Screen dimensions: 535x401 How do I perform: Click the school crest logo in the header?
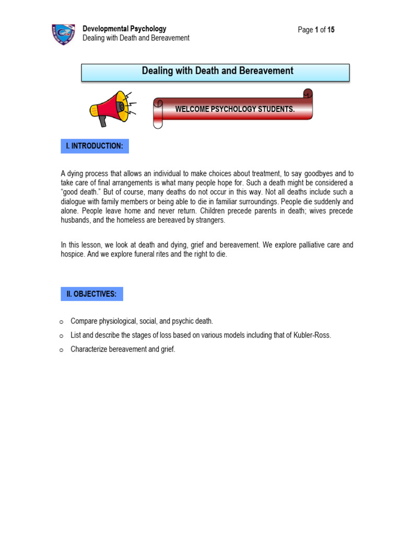point(63,34)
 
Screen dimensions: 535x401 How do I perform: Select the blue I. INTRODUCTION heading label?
point(95,146)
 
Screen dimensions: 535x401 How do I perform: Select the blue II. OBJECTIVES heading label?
point(92,294)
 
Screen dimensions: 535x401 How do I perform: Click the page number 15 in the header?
point(331,30)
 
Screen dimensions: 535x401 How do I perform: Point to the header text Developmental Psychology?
point(124,29)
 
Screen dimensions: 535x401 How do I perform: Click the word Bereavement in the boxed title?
point(266,71)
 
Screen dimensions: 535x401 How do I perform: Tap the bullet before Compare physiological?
point(61,321)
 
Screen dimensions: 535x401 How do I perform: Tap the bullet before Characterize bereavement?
point(61,350)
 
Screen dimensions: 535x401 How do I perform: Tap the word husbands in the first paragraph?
point(75,220)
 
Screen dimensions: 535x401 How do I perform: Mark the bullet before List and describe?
point(61,335)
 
